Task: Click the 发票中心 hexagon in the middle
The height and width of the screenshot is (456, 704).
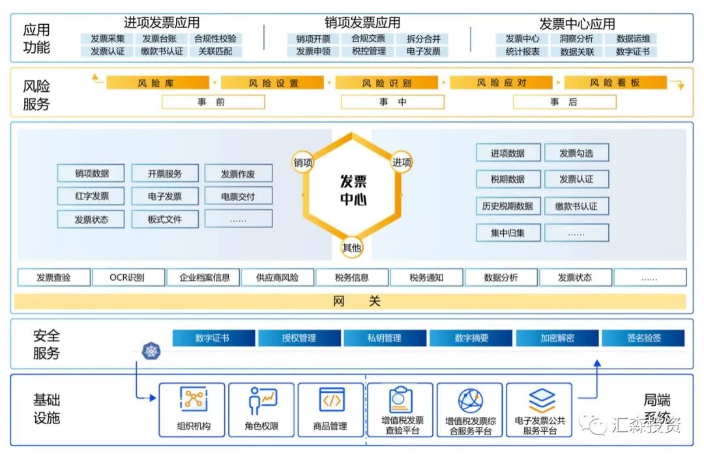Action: tap(352, 190)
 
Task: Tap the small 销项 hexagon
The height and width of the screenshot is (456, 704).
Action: tap(303, 162)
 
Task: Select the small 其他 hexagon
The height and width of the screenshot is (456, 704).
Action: tap(352, 248)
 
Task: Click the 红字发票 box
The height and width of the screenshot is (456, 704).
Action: tap(91, 196)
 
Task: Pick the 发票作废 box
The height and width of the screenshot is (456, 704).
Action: tap(238, 174)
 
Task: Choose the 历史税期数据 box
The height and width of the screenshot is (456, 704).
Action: tap(508, 207)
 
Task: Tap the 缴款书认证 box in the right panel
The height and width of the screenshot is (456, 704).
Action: tap(576, 207)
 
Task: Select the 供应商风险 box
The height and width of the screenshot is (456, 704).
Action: tap(278, 278)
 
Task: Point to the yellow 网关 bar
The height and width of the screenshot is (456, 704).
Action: tap(351, 302)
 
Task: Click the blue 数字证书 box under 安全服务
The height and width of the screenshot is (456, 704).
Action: tap(213, 338)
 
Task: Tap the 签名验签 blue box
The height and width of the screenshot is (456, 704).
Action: tap(643, 338)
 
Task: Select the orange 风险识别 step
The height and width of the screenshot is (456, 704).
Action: tap(387, 83)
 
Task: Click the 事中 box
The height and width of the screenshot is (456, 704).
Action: tap(392, 102)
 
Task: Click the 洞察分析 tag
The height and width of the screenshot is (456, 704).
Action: tap(577, 39)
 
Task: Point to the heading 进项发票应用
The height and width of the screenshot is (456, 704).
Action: tap(162, 23)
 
